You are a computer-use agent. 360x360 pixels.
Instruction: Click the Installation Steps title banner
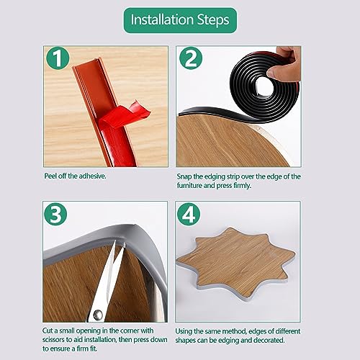click(x=180, y=20)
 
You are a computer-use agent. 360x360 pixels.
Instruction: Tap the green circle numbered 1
click(x=58, y=58)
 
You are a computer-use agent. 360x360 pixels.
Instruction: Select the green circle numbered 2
click(x=191, y=58)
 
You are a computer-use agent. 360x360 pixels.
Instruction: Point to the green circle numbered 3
click(x=55, y=214)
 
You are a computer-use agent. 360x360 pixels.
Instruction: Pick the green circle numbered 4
click(x=189, y=215)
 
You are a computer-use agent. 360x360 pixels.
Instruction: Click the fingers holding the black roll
click(x=284, y=63)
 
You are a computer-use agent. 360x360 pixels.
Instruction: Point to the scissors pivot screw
click(x=98, y=315)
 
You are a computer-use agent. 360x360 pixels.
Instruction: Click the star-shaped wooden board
click(x=236, y=263)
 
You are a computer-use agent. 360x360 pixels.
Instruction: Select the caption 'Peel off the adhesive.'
click(x=75, y=176)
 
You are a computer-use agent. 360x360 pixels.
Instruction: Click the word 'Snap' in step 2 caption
click(x=184, y=177)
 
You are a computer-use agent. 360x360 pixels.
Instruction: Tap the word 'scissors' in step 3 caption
click(x=53, y=340)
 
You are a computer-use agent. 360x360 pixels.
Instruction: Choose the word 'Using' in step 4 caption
click(x=184, y=332)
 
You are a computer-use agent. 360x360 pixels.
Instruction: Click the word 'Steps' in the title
click(x=213, y=20)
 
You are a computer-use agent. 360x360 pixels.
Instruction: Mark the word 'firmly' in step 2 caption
click(x=243, y=186)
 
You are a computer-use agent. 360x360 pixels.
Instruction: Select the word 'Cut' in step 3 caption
click(x=48, y=330)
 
